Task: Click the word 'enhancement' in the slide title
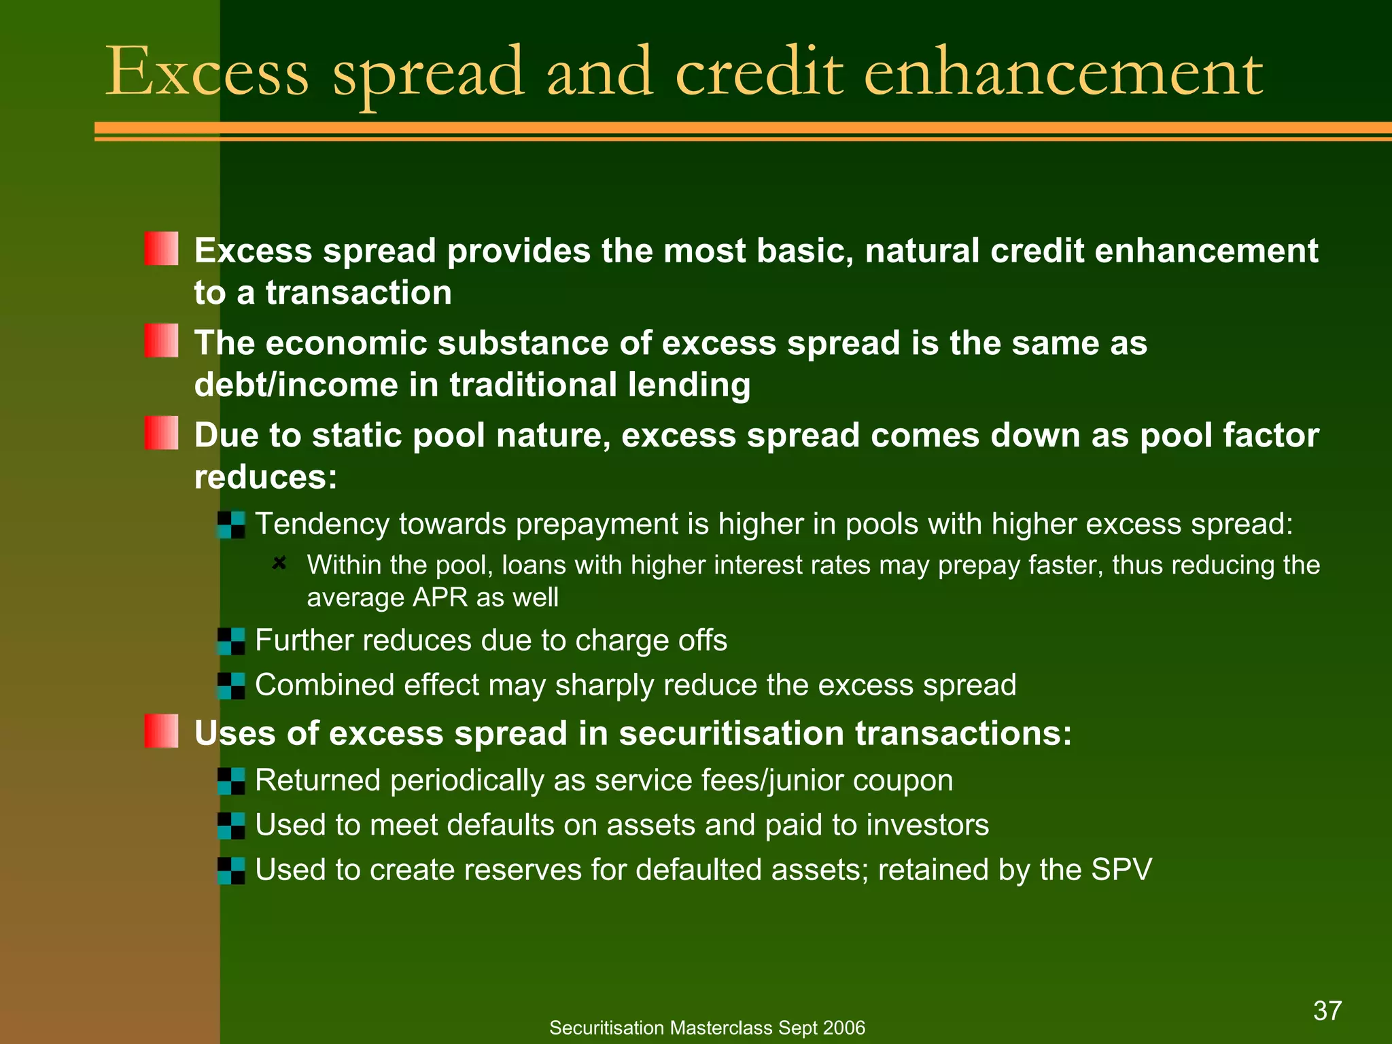click(x=1063, y=72)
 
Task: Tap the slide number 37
click(x=1327, y=1011)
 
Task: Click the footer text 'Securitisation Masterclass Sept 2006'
click(x=707, y=1028)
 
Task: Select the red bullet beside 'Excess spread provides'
click(x=162, y=249)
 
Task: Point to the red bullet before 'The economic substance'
click(x=162, y=341)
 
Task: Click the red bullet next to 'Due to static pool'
click(x=162, y=433)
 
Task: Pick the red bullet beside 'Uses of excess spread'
click(x=162, y=731)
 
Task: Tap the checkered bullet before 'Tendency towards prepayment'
click(x=231, y=525)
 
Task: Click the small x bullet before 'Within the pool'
click(x=279, y=563)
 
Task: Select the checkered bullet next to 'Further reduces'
click(x=231, y=641)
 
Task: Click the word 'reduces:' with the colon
click(x=266, y=477)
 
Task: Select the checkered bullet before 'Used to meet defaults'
click(x=231, y=826)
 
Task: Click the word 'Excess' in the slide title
click(x=207, y=72)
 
